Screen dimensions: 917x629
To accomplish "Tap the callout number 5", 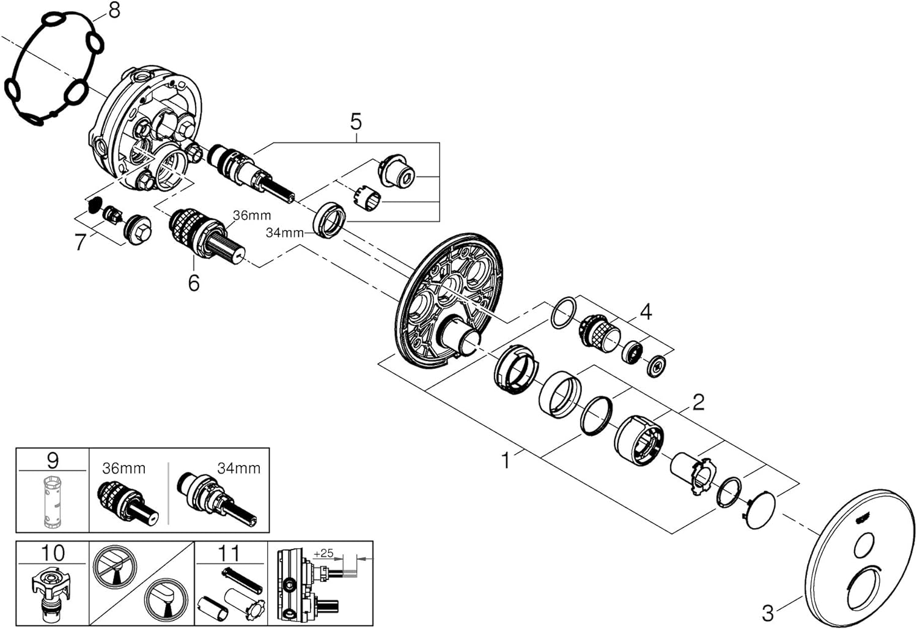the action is point(356,122).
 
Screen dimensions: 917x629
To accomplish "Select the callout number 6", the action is point(194,282).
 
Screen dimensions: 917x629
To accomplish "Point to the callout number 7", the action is point(80,242).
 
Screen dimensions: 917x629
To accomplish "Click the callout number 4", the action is point(646,312).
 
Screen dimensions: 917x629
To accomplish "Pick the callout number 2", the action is point(698,403).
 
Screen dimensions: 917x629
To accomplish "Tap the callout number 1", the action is point(506,461).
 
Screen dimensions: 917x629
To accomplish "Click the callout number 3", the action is point(768,614).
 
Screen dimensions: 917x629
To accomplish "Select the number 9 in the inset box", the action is point(53,460).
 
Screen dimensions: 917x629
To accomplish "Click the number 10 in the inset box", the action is point(53,553).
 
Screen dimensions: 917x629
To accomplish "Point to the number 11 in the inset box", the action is point(229,553).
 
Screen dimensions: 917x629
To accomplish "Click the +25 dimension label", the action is point(323,553).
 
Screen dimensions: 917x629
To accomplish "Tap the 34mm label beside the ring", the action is point(284,233).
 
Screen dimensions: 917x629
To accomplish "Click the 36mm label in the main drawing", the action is point(252,215).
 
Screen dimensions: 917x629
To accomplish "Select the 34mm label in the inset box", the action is point(238,468).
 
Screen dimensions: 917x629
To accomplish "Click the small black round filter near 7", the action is point(95,204).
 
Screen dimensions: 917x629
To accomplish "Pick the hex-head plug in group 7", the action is point(138,230).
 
